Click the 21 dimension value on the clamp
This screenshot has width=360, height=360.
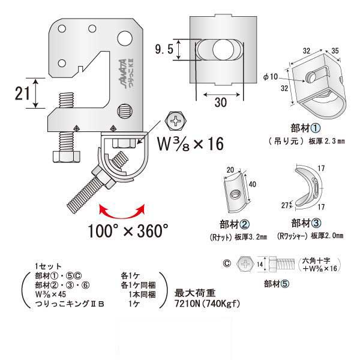pos(20,94)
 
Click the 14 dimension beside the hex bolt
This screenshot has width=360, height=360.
pos(260,262)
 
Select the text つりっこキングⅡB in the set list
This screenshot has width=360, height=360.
pos(71,302)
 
